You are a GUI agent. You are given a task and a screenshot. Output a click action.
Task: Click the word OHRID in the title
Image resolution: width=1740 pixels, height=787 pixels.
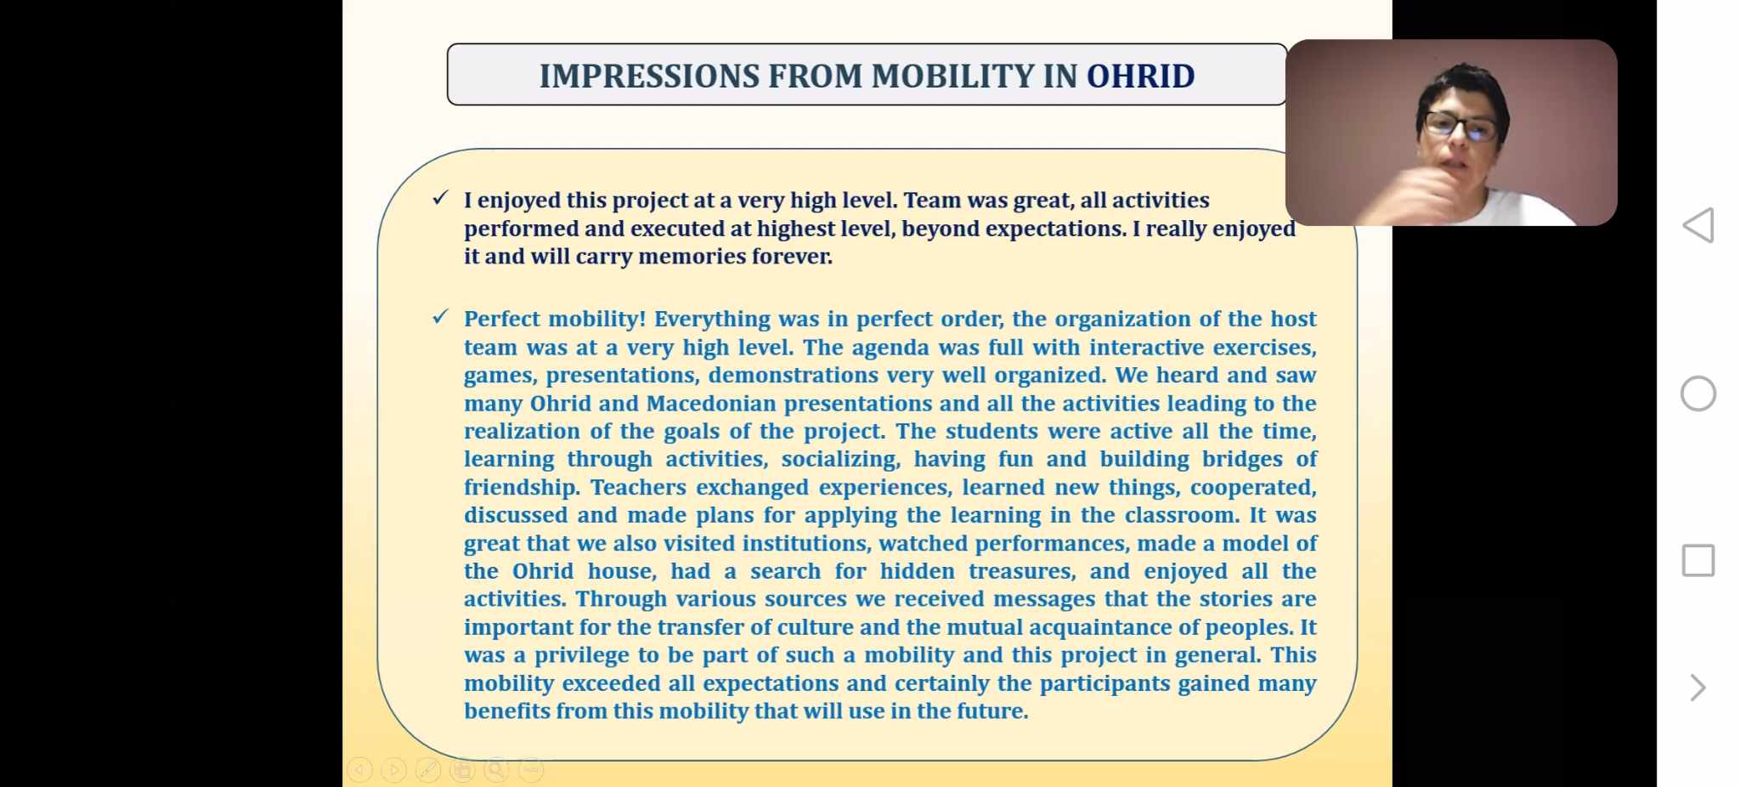pyautogui.click(x=1140, y=76)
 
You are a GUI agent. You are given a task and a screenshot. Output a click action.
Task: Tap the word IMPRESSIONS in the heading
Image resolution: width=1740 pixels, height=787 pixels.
pyautogui.click(x=649, y=76)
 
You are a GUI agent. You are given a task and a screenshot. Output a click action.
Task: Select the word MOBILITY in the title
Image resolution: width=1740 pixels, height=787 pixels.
pyautogui.click(x=952, y=76)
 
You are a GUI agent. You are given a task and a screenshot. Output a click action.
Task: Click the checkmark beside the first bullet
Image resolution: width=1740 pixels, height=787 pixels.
pyautogui.click(x=440, y=198)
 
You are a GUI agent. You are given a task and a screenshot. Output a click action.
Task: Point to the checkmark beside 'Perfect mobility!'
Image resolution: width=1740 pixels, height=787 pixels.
pyautogui.click(x=440, y=317)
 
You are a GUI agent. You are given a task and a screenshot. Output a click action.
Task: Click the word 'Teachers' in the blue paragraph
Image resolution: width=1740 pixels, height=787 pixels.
pyautogui.click(x=638, y=487)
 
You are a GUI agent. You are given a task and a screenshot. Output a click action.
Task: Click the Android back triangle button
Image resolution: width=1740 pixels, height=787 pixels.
pyautogui.click(x=1698, y=225)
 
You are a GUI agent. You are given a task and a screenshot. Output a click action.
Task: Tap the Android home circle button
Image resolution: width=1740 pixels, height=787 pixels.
pyautogui.click(x=1698, y=393)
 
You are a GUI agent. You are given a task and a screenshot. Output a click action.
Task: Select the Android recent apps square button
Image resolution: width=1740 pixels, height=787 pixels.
pyautogui.click(x=1698, y=561)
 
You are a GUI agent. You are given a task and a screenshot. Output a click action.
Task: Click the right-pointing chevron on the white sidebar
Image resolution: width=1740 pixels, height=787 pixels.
pyautogui.click(x=1698, y=688)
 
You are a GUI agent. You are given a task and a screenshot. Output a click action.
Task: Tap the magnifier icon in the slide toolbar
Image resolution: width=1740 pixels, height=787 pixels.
pyautogui.click(x=496, y=770)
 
